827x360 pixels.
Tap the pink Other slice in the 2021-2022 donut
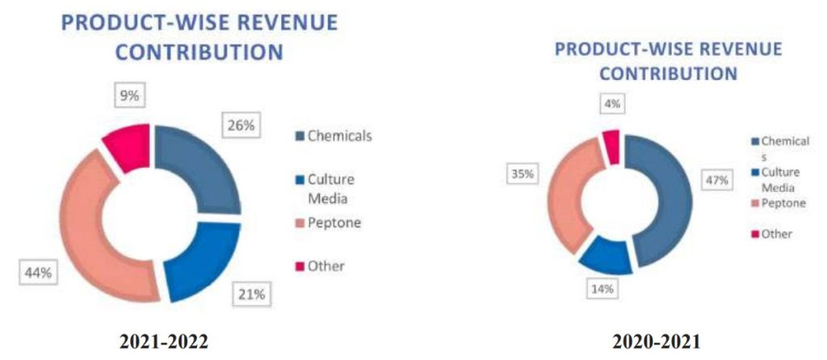pyautogui.click(x=128, y=146)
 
